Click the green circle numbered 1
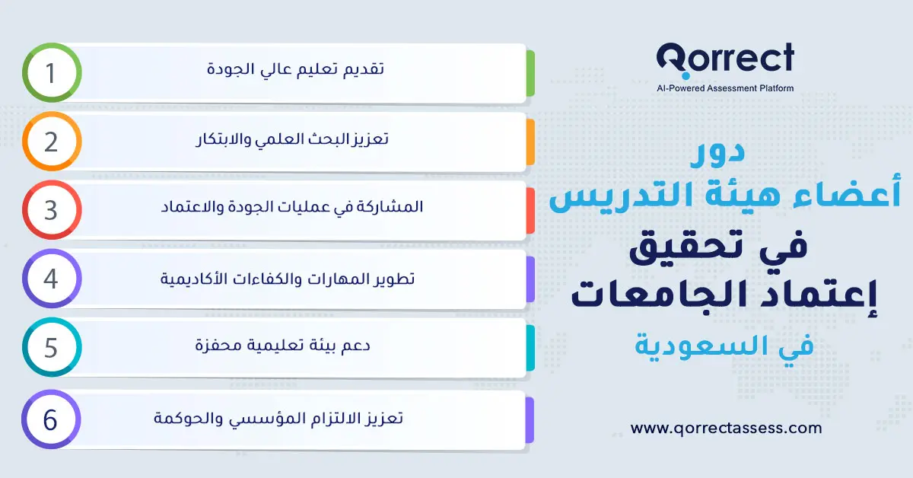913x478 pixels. coord(51,73)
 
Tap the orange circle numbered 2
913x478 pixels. coord(51,142)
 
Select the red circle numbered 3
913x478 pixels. coord(51,210)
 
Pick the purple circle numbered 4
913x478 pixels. coord(51,279)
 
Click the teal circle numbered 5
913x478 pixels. coord(51,348)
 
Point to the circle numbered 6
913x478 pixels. coord(51,419)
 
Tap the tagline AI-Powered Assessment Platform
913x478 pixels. coord(724,88)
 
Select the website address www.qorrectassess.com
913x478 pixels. coord(726,428)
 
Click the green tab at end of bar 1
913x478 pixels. coord(530,74)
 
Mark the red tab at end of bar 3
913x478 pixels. coord(530,210)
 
